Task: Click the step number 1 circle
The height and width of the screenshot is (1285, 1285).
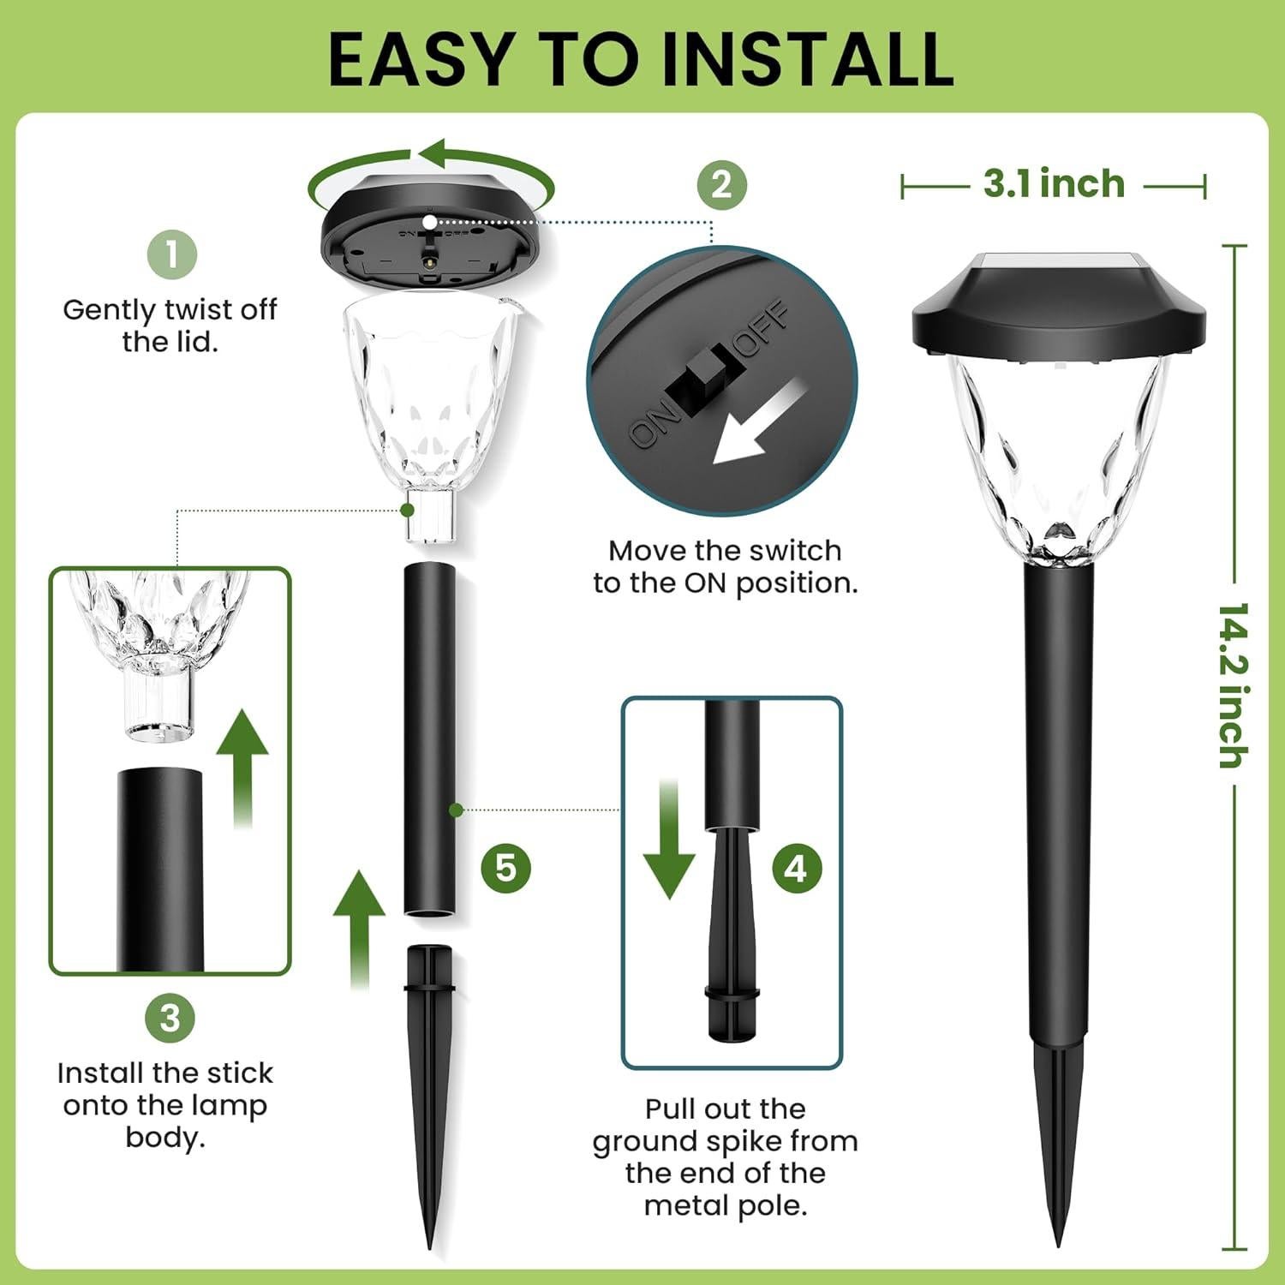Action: [171, 254]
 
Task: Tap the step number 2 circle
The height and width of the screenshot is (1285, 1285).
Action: [721, 184]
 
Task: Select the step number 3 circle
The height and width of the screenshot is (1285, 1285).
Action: [170, 1018]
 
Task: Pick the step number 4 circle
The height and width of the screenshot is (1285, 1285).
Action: [796, 869]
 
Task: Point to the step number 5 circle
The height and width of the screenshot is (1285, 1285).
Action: [505, 868]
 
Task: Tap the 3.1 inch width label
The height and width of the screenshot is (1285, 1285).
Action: [1053, 184]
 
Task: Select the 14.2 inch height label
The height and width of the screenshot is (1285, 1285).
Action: [1233, 685]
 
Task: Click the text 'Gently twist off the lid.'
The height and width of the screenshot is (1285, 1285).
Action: [170, 326]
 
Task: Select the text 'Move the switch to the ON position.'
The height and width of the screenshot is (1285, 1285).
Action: [725, 566]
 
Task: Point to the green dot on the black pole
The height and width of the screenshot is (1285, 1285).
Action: [456, 810]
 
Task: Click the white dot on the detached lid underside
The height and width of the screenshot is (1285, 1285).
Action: [428, 221]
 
